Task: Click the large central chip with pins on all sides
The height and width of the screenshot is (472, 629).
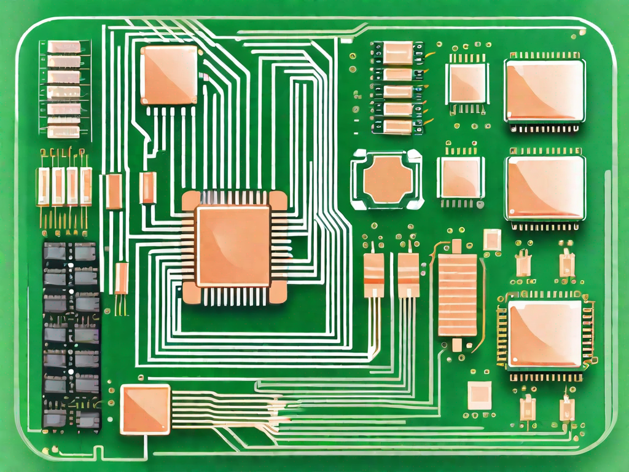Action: click(233, 246)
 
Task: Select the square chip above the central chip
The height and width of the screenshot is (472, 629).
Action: click(169, 75)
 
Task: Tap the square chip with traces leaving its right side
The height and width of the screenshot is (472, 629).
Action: click(146, 409)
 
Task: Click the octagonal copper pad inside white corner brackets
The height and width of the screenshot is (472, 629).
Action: click(386, 179)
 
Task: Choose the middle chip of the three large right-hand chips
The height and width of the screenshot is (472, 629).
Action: click(544, 187)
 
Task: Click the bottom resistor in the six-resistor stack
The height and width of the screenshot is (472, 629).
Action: click(64, 132)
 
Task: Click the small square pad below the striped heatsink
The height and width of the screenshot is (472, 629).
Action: click(479, 395)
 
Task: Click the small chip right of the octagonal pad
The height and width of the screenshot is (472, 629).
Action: click(461, 177)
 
